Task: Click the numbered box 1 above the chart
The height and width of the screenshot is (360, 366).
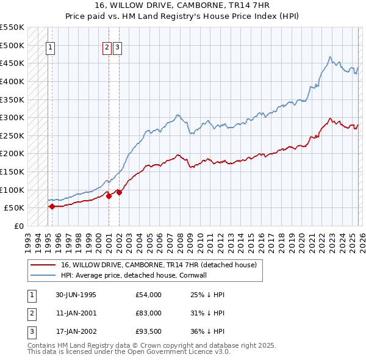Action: point(50,50)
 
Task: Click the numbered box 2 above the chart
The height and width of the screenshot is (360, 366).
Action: point(107,50)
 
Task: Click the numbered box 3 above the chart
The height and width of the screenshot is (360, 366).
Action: point(117,50)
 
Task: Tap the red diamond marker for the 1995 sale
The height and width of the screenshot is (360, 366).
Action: point(52,206)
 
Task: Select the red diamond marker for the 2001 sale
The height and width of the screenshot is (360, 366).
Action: point(109,196)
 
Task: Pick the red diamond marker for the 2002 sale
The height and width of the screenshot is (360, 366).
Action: point(119,192)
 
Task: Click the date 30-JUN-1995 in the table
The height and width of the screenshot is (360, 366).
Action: point(76,295)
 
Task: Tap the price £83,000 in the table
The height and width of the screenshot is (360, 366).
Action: point(149,313)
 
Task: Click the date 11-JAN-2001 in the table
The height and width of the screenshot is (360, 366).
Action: point(76,313)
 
